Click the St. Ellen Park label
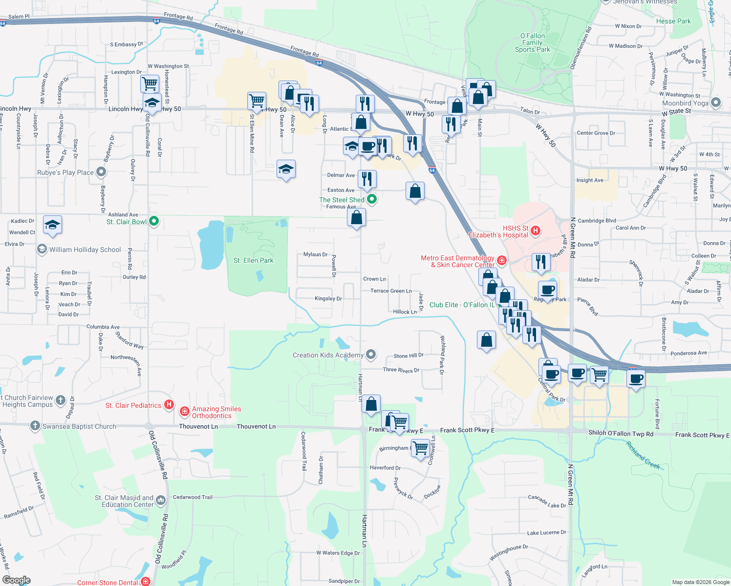[253, 260]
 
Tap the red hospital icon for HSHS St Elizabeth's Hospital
[536, 230]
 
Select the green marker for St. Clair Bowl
[154, 221]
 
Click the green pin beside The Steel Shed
[372, 199]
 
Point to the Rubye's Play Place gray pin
[101, 172]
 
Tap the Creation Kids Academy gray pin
[371, 355]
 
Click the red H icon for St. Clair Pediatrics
[169, 404]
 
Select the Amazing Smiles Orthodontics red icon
[185, 412]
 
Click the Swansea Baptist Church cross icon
[35, 426]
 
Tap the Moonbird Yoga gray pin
[716, 103]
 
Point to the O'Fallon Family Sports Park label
[532, 42]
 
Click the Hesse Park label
[673, 21]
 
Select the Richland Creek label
[643, 456]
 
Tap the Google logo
[16, 580]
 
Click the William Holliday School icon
[42, 249]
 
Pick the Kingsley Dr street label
[328, 298]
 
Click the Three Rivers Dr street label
[401, 370]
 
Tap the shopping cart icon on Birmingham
[420, 447]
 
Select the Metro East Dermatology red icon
[502, 260]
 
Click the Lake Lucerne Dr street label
[546, 533]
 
